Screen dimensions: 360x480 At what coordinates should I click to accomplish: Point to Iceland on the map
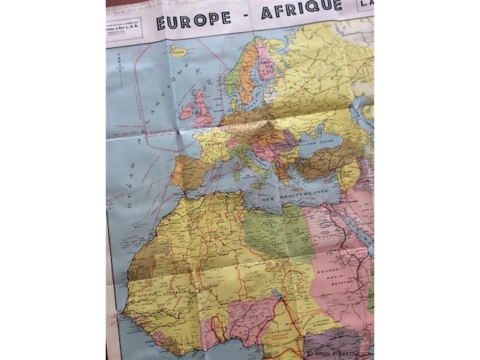pyautogui.click(x=178, y=52)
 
